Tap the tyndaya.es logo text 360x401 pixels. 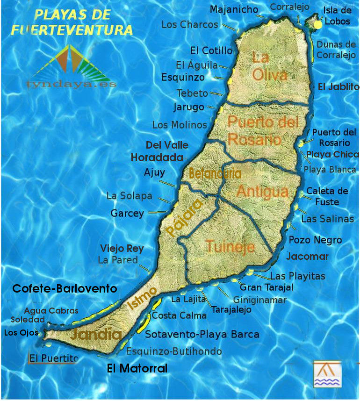coord(72,85)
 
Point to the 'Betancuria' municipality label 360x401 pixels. coord(215,173)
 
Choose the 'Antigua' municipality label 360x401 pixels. coord(262,191)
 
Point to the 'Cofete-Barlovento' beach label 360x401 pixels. coord(65,288)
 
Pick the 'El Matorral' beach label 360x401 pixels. coord(137,368)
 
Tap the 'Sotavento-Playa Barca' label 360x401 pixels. coord(202,334)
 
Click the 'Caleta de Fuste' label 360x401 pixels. coord(327,196)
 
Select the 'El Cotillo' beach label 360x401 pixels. coord(211,50)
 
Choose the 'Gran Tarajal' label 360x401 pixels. coord(266,287)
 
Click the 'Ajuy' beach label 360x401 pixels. coord(154,172)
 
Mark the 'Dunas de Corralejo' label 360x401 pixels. coord(336,50)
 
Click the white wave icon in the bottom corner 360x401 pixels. coord(327,374)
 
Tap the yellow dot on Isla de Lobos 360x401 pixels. coord(318,24)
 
